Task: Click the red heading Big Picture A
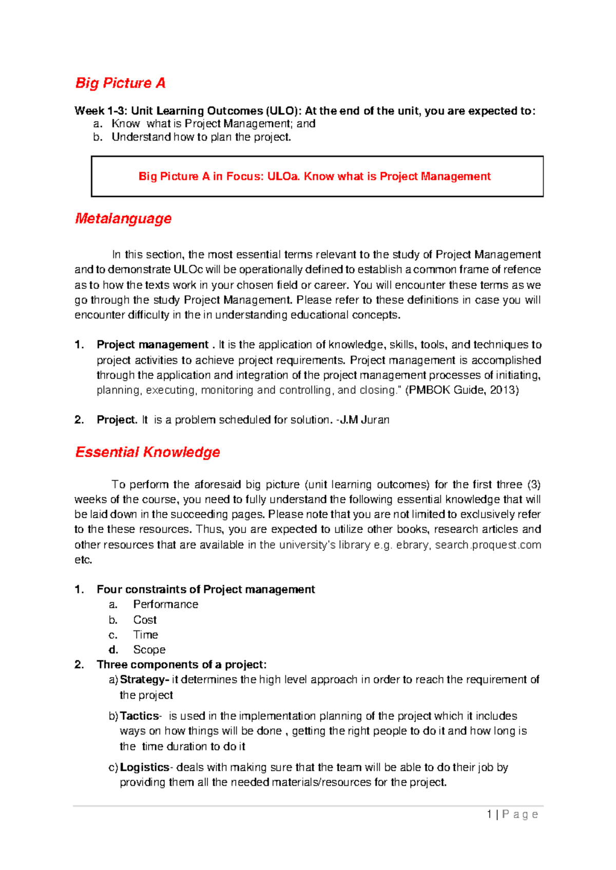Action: pos(120,83)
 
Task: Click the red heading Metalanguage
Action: pos(123,219)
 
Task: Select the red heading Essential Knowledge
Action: pos(147,452)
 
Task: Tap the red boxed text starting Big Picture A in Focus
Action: pos(314,176)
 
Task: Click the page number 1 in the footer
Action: pos(490,814)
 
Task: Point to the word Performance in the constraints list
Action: pos(165,604)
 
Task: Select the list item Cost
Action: pos(145,620)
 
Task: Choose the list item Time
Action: pos(145,635)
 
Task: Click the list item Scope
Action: pos(149,649)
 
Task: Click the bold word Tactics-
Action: pos(141,716)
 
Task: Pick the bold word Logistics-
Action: pos(146,767)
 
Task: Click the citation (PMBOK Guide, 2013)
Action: pos(462,390)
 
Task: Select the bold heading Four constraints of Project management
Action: pos(205,589)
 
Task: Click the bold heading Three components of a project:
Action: pos(182,665)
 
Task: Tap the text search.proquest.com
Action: pos(488,545)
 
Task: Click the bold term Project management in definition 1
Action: pos(152,345)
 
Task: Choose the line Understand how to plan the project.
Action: pos(201,137)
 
